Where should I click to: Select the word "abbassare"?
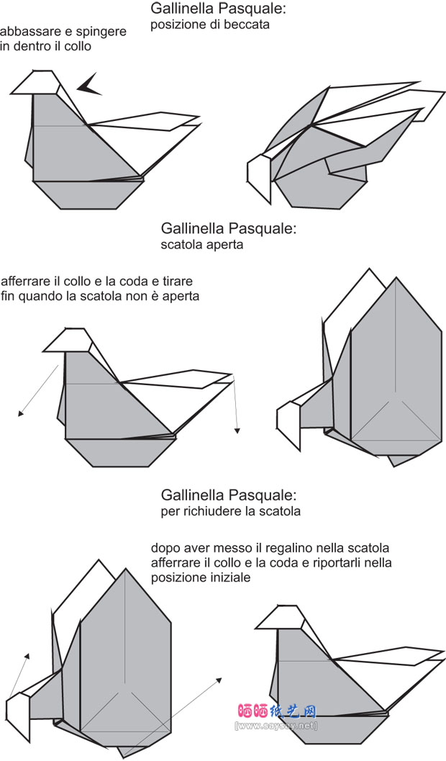[x=29, y=32]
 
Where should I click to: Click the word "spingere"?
[x=104, y=32]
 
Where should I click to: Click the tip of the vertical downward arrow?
[x=236, y=433]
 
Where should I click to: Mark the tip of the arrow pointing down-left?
[x=19, y=415]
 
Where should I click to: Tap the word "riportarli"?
[x=333, y=563]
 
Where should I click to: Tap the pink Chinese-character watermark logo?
[x=276, y=711]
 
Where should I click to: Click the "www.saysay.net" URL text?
[x=276, y=725]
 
